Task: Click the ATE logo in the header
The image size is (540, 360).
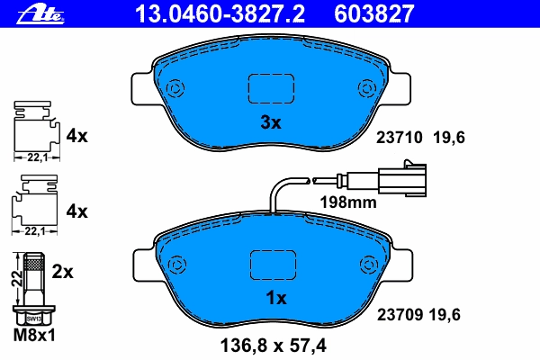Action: click(x=40, y=14)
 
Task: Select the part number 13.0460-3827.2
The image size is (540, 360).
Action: click(x=220, y=14)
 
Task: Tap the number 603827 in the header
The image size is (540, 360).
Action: click(x=373, y=14)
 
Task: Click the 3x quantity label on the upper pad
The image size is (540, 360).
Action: click(x=271, y=122)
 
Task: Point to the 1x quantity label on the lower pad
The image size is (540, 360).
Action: click(x=276, y=298)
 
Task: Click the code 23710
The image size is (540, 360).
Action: click(x=399, y=138)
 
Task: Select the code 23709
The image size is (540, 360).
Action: click(x=400, y=314)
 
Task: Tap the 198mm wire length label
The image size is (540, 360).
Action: click(x=348, y=202)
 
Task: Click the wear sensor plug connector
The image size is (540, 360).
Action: click(x=402, y=178)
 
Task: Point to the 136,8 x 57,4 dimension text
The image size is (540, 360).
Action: click(x=273, y=346)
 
